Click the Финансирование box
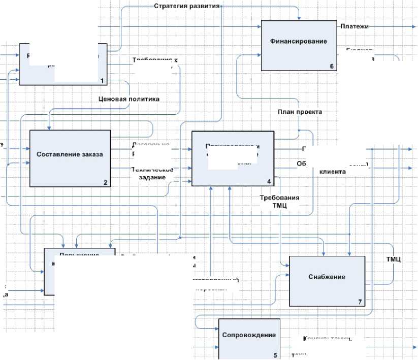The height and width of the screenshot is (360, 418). coord(299,42)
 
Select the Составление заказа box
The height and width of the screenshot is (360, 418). coord(70,153)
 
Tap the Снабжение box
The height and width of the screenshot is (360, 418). coord(327,277)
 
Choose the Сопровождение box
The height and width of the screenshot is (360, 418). coord(249,335)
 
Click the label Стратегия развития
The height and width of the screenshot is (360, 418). coord(186,7)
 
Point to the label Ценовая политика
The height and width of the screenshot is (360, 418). coord(129,99)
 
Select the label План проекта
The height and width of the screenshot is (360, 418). coord(299,112)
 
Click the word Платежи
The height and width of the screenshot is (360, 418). coord(355,26)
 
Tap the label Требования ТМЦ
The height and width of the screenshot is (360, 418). coord(279,202)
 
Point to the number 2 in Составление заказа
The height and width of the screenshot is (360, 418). coord(105,183)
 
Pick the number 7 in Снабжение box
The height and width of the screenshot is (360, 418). coord(359,302)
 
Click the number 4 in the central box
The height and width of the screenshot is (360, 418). coord(269,181)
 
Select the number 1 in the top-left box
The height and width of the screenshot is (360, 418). coord(102,81)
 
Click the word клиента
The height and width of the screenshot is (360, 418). coord(333,172)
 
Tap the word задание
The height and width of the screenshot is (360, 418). coord(152,178)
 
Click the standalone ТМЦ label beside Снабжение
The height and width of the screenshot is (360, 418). coord(394,259)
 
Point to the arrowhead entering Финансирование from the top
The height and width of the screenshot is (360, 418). coord(300,18)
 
